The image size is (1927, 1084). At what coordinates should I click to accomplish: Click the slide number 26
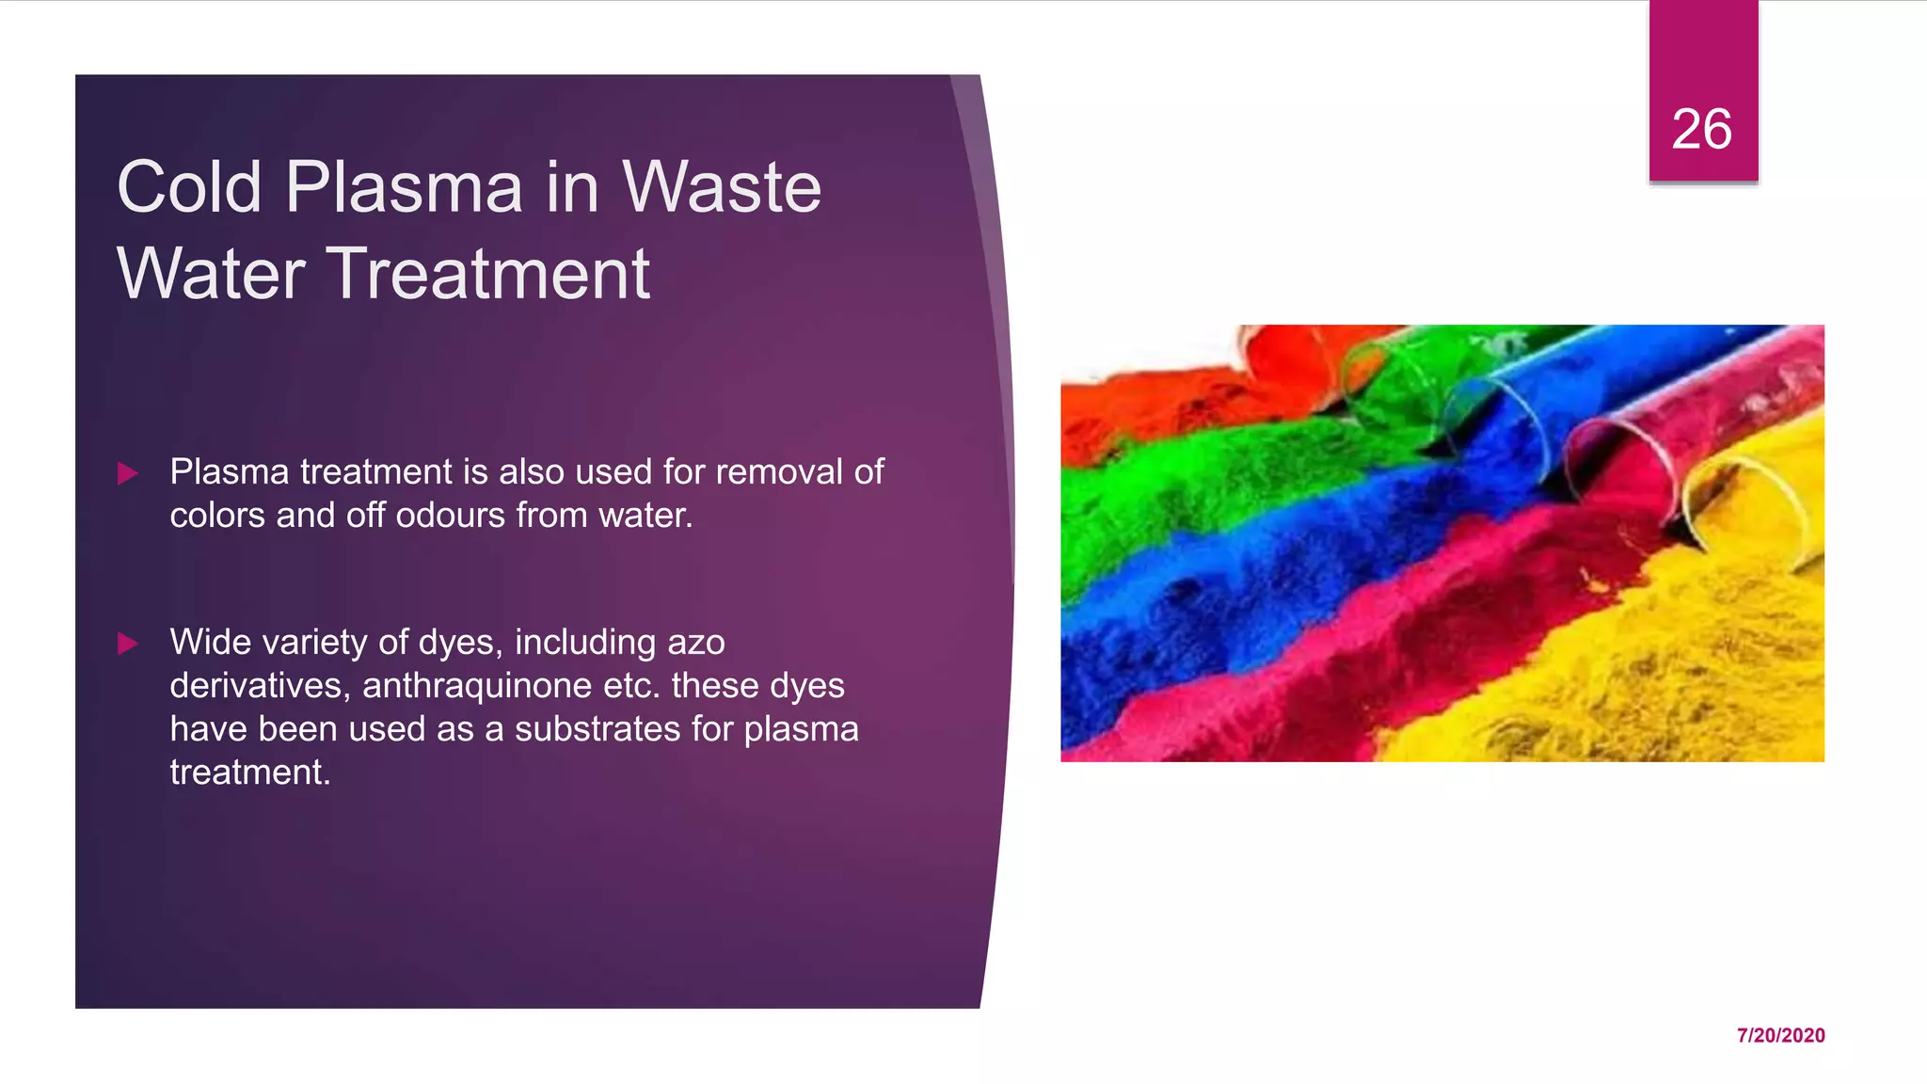point(1701,129)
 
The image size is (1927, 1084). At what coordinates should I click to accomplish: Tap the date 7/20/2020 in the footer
point(1780,1035)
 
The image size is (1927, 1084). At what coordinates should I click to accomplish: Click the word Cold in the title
point(189,186)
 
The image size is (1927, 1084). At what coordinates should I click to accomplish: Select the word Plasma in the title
point(404,186)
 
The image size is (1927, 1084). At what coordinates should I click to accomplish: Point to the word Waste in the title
point(722,186)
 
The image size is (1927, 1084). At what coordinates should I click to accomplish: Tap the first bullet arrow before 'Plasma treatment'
point(128,473)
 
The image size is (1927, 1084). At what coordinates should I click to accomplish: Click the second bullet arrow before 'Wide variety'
point(128,644)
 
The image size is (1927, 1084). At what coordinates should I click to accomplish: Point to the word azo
point(696,643)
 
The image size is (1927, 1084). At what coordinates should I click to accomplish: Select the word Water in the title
point(211,274)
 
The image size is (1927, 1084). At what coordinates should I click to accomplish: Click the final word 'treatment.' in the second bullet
point(250,773)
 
